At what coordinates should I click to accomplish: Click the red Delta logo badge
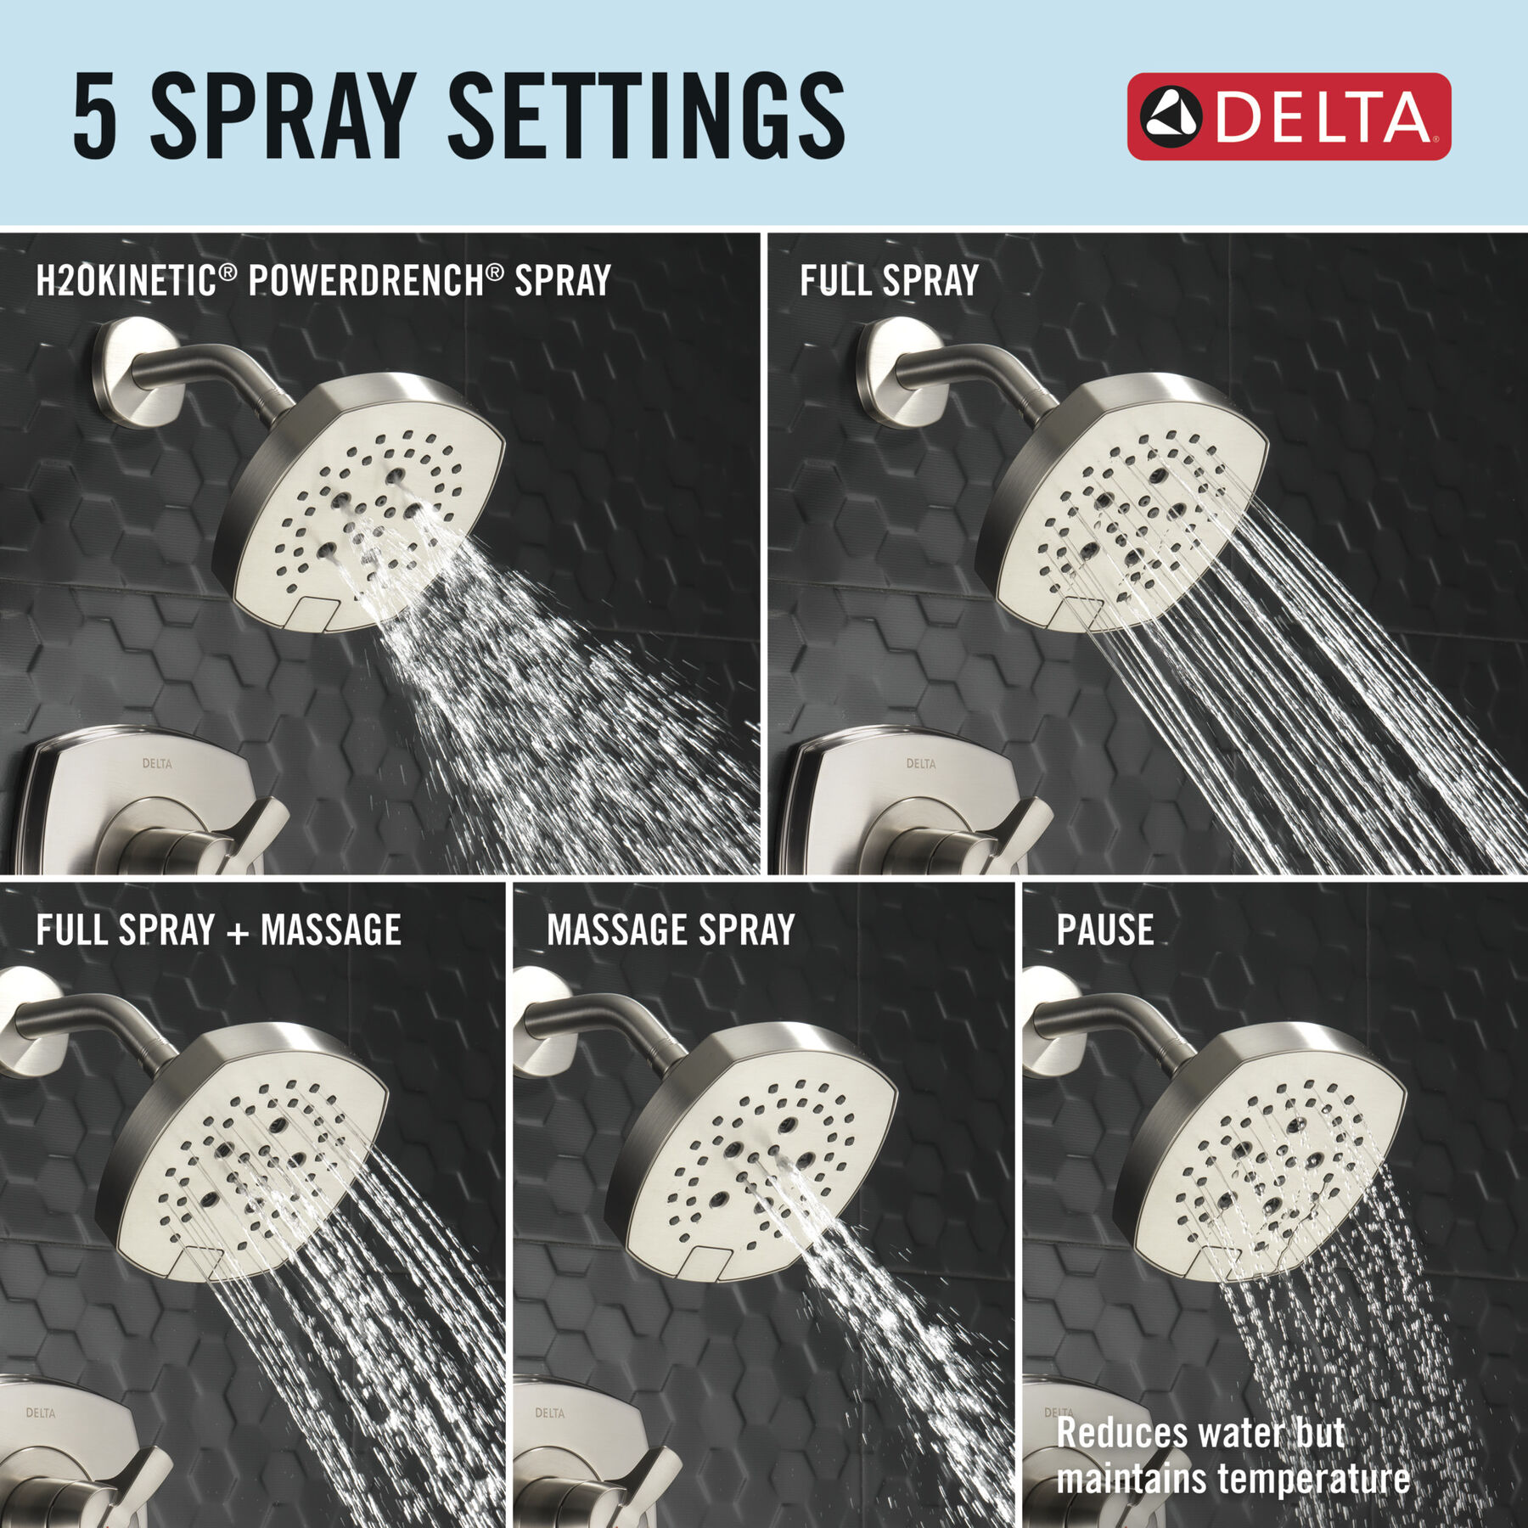tap(1289, 116)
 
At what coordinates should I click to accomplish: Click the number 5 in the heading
tap(94, 116)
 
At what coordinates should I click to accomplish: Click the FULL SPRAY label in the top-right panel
tap(889, 280)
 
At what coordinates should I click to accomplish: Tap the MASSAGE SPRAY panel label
tap(671, 930)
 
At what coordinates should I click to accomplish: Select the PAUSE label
tap(1105, 930)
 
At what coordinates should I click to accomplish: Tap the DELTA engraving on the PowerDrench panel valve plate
tap(157, 763)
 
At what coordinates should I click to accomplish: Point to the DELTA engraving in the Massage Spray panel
tap(550, 1413)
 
